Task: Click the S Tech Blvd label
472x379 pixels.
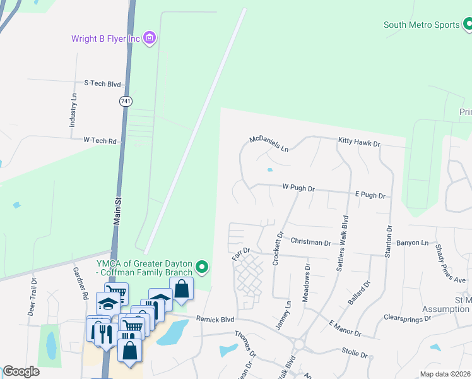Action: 102,83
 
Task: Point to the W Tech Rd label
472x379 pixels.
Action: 100,141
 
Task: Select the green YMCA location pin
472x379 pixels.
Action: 202,268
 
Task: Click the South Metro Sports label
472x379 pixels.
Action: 422,25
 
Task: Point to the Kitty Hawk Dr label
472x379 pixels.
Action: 360,144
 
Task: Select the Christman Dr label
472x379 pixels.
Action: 311,242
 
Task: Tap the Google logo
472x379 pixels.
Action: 20,371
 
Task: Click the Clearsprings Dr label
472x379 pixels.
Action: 407,318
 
